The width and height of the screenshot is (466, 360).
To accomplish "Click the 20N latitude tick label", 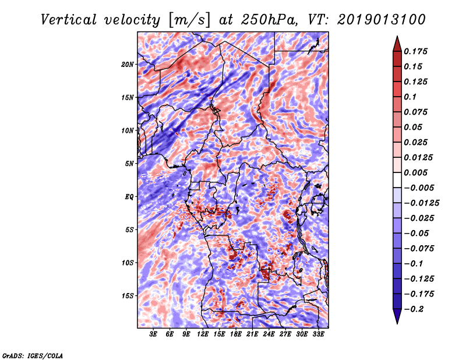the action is point(128,65).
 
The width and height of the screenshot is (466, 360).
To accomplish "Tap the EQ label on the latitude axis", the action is point(129,197).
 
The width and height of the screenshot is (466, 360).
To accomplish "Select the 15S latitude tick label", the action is point(128,296).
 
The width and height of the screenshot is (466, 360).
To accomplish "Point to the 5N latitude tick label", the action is point(129,164).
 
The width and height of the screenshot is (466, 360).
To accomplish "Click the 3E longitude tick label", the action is point(153,334).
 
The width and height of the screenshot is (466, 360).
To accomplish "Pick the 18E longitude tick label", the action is point(236,334).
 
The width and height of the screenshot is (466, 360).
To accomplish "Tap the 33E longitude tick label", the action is point(318,334).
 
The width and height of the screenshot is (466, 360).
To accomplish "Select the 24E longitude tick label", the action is point(269,334).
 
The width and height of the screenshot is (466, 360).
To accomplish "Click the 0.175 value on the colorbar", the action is point(415,51).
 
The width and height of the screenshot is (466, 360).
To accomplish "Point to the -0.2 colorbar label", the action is point(414,309).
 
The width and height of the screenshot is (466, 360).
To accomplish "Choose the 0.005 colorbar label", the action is point(415,172).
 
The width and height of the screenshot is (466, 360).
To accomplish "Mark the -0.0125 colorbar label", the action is point(421,203).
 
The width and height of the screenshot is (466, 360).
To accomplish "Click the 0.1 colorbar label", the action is point(410,97).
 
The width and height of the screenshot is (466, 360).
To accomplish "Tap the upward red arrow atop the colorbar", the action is point(397,44).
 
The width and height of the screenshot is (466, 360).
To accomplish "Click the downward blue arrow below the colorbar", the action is point(397,316).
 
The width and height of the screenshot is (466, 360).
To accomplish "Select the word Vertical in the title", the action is point(69,20).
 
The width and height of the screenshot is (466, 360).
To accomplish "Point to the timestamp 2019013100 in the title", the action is point(382,20).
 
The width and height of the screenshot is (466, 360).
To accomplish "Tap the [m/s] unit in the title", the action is point(189,20).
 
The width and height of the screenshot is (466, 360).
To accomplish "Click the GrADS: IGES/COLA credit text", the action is point(33,356).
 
